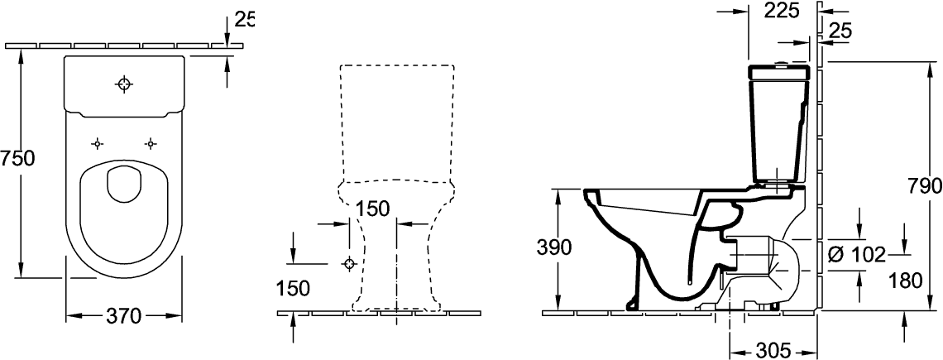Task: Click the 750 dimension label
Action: tap(17, 158)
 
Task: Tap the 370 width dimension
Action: tap(124, 315)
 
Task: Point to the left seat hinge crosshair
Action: tap(98, 143)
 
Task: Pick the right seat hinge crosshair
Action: tap(151, 143)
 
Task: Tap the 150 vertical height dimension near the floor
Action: tap(294, 287)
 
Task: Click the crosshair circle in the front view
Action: tap(349, 264)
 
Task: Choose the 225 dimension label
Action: tap(781, 10)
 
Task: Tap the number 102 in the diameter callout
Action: tap(869, 254)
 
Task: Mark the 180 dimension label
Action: tap(905, 281)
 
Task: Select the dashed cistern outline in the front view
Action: tap(396, 124)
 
